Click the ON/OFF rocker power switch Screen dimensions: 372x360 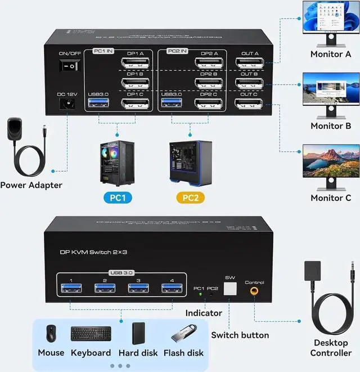click(x=69, y=66)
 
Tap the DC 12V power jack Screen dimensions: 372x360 click(x=69, y=104)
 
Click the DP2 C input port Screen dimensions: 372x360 click(x=208, y=104)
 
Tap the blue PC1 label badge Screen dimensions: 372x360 click(x=117, y=198)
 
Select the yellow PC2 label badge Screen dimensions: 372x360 click(x=191, y=198)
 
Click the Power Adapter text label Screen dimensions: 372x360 click(x=31, y=185)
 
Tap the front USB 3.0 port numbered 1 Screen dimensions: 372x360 click(x=71, y=288)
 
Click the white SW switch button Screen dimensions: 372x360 click(x=229, y=289)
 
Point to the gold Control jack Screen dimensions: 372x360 click(x=255, y=292)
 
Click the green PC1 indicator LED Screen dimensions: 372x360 click(x=199, y=294)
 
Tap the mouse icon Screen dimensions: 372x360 click(x=51, y=334)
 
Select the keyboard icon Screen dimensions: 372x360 click(x=91, y=334)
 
